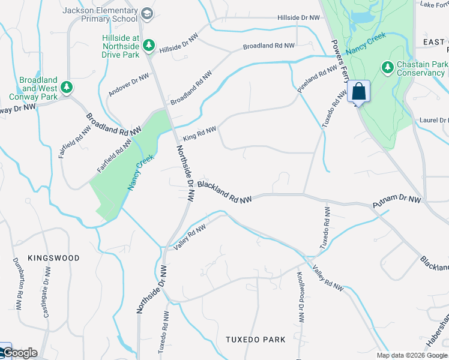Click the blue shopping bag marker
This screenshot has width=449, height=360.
point(358,92)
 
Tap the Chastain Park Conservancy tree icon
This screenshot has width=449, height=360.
point(388,67)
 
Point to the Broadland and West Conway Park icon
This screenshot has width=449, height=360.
point(68,88)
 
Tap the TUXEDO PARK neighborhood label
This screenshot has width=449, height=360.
point(255,340)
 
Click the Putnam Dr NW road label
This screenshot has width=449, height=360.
point(397,203)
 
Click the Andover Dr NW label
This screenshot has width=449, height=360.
point(128,85)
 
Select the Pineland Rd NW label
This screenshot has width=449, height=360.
point(317,78)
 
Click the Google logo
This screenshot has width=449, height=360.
point(20,353)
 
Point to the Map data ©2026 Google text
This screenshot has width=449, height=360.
point(412,355)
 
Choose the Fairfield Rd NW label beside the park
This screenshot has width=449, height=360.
point(114,155)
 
